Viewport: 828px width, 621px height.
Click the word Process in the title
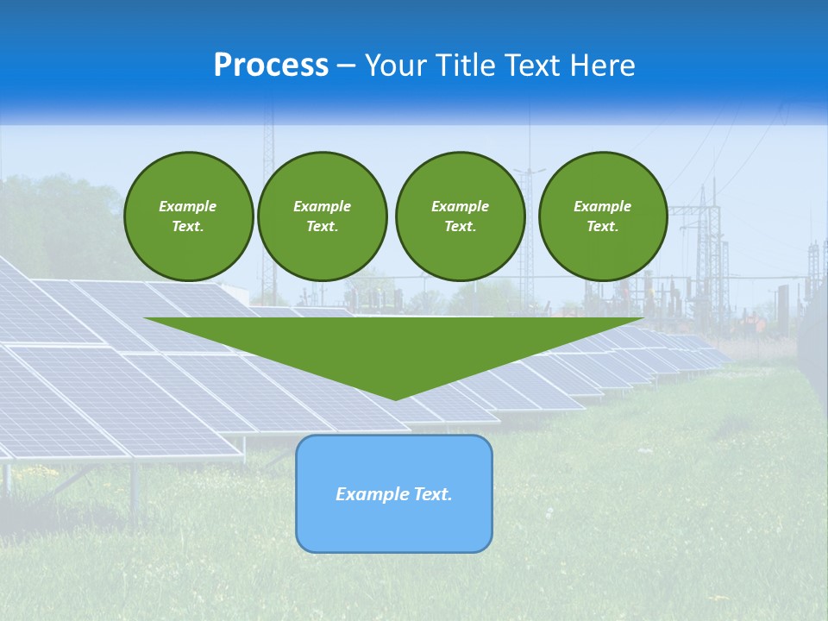point(271,66)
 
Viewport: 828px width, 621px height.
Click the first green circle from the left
point(188,216)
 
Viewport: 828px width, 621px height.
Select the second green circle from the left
point(322,216)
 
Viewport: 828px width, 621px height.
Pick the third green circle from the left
point(460,216)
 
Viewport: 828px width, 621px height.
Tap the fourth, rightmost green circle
point(602,216)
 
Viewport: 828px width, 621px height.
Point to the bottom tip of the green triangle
point(395,398)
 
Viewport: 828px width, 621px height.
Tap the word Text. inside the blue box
point(432,494)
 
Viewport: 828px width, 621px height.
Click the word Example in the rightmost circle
point(602,206)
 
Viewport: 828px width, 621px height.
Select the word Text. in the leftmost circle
point(188,227)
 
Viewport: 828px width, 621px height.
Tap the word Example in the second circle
point(322,206)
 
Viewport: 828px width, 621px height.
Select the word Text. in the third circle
point(460,227)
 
